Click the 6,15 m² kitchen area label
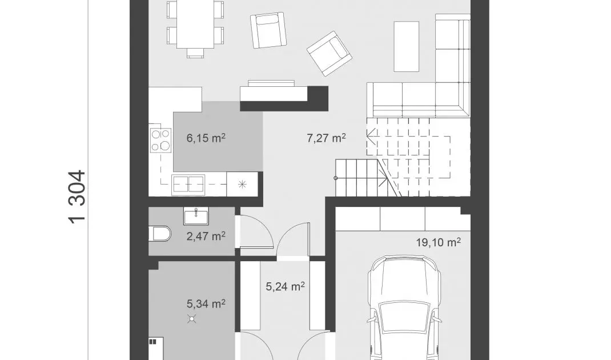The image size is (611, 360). (x=206, y=138)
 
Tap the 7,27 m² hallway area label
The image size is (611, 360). (x=326, y=138)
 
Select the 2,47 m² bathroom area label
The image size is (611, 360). (x=206, y=236)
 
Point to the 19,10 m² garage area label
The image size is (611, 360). (x=438, y=242)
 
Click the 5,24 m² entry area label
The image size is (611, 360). (x=286, y=287)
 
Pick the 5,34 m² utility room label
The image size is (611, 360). (x=206, y=303)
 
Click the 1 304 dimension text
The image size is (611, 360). (x=77, y=197)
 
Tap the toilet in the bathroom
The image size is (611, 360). (x=160, y=234)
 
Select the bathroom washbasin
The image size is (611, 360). (x=196, y=216)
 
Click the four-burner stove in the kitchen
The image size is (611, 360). (x=160, y=140)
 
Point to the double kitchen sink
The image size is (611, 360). (x=188, y=185)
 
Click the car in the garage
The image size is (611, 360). (x=405, y=308)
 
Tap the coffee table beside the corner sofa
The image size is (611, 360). (x=407, y=46)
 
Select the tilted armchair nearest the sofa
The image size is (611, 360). (x=329, y=53)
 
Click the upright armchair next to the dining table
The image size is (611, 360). (x=268, y=30)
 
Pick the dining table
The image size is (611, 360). (x=195, y=24)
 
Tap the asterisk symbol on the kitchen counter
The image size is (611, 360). (x=242, y=184)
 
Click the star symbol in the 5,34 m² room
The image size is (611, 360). (x=192, y=319)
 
